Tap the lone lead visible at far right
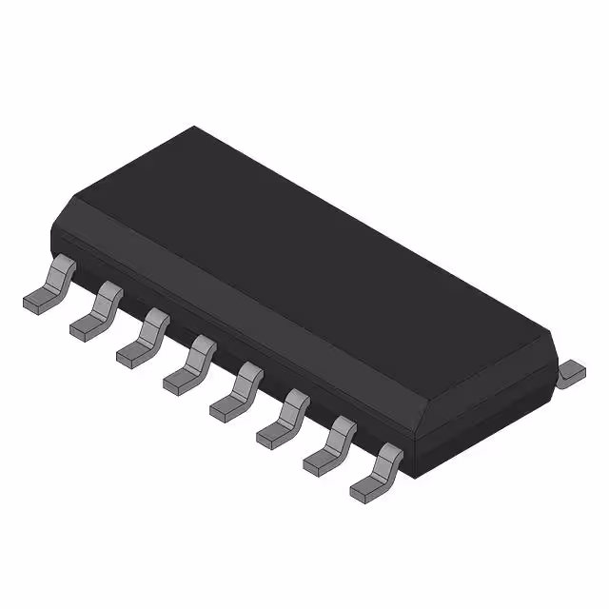[571, 372]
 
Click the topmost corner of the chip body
[194, 127]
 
